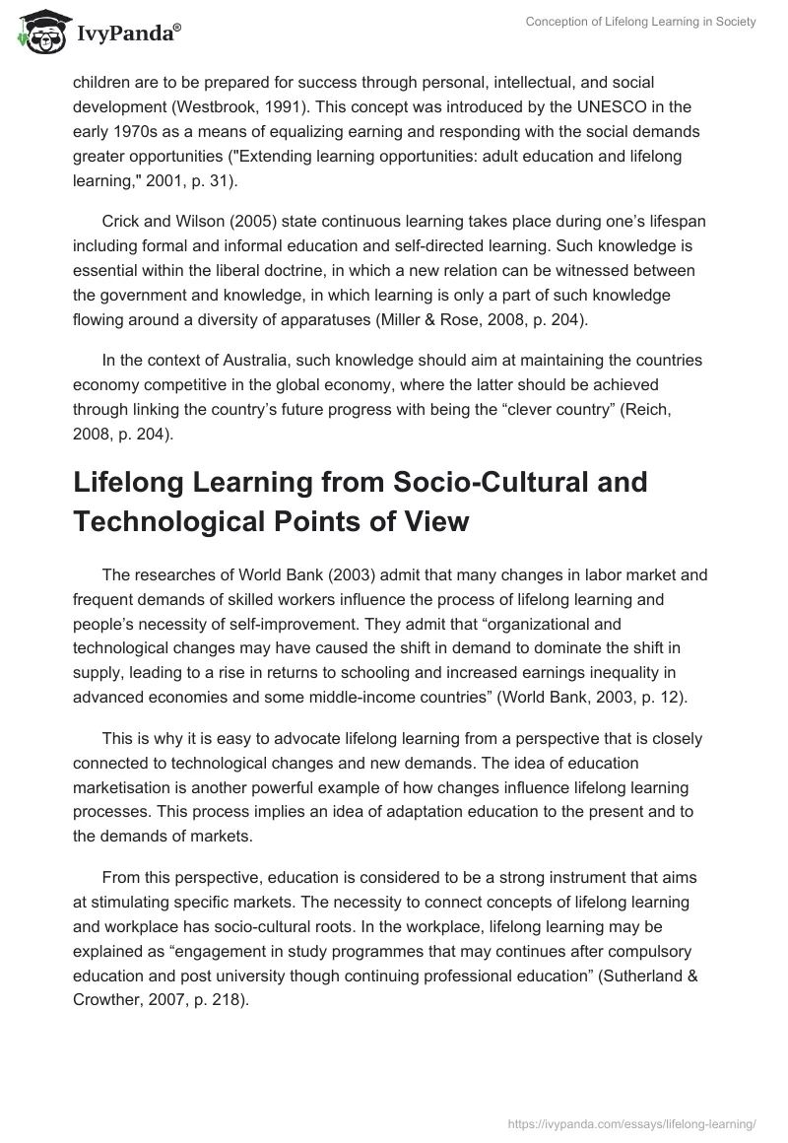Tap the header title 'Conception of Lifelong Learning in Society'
pyautogui.click(x=639, y=22)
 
